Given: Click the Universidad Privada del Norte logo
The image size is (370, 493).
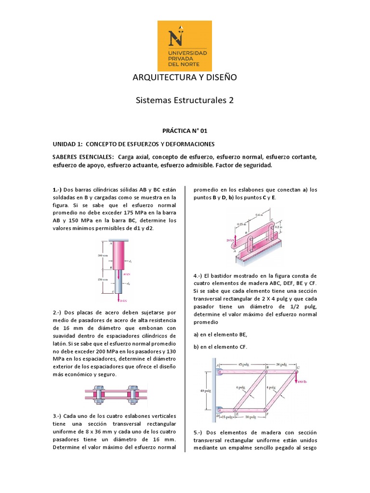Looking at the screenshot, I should (x=185, y=46).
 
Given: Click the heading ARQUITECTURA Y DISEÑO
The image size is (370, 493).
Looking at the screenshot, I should (x=185, y=78).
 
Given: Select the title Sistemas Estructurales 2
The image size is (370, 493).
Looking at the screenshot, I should (x=185, y=100).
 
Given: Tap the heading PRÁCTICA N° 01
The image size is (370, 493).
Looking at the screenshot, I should (x=185, y=130).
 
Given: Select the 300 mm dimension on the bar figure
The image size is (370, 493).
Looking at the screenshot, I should (x=102, y=255).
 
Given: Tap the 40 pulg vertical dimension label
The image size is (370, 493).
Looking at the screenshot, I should (x=205, y=390).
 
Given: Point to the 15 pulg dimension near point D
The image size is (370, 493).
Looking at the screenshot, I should (x=226, y=416).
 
